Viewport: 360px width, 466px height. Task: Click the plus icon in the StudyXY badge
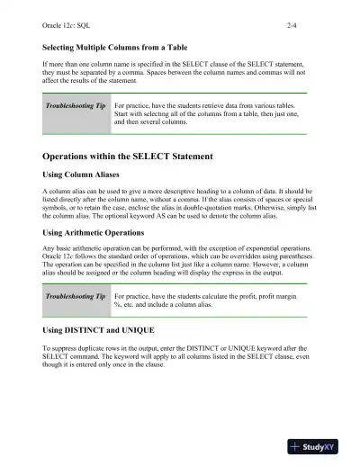[295, 447]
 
